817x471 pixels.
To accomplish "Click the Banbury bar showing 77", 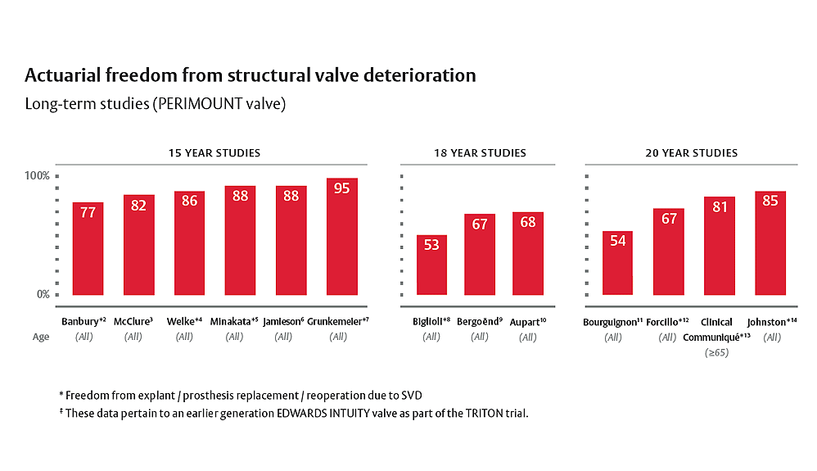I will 88,248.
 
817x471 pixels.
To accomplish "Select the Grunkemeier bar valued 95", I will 341,237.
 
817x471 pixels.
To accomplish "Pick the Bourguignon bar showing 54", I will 617,263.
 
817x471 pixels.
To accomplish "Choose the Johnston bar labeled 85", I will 770,242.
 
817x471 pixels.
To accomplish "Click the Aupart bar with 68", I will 528,253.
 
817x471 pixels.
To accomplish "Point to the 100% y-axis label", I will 38,176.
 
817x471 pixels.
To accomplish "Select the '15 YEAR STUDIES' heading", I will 214,153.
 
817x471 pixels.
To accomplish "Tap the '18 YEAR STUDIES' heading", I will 480,153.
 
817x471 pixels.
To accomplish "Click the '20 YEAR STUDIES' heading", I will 692,153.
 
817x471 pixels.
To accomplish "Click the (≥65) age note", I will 717,353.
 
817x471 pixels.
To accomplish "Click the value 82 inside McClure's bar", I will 138,206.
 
